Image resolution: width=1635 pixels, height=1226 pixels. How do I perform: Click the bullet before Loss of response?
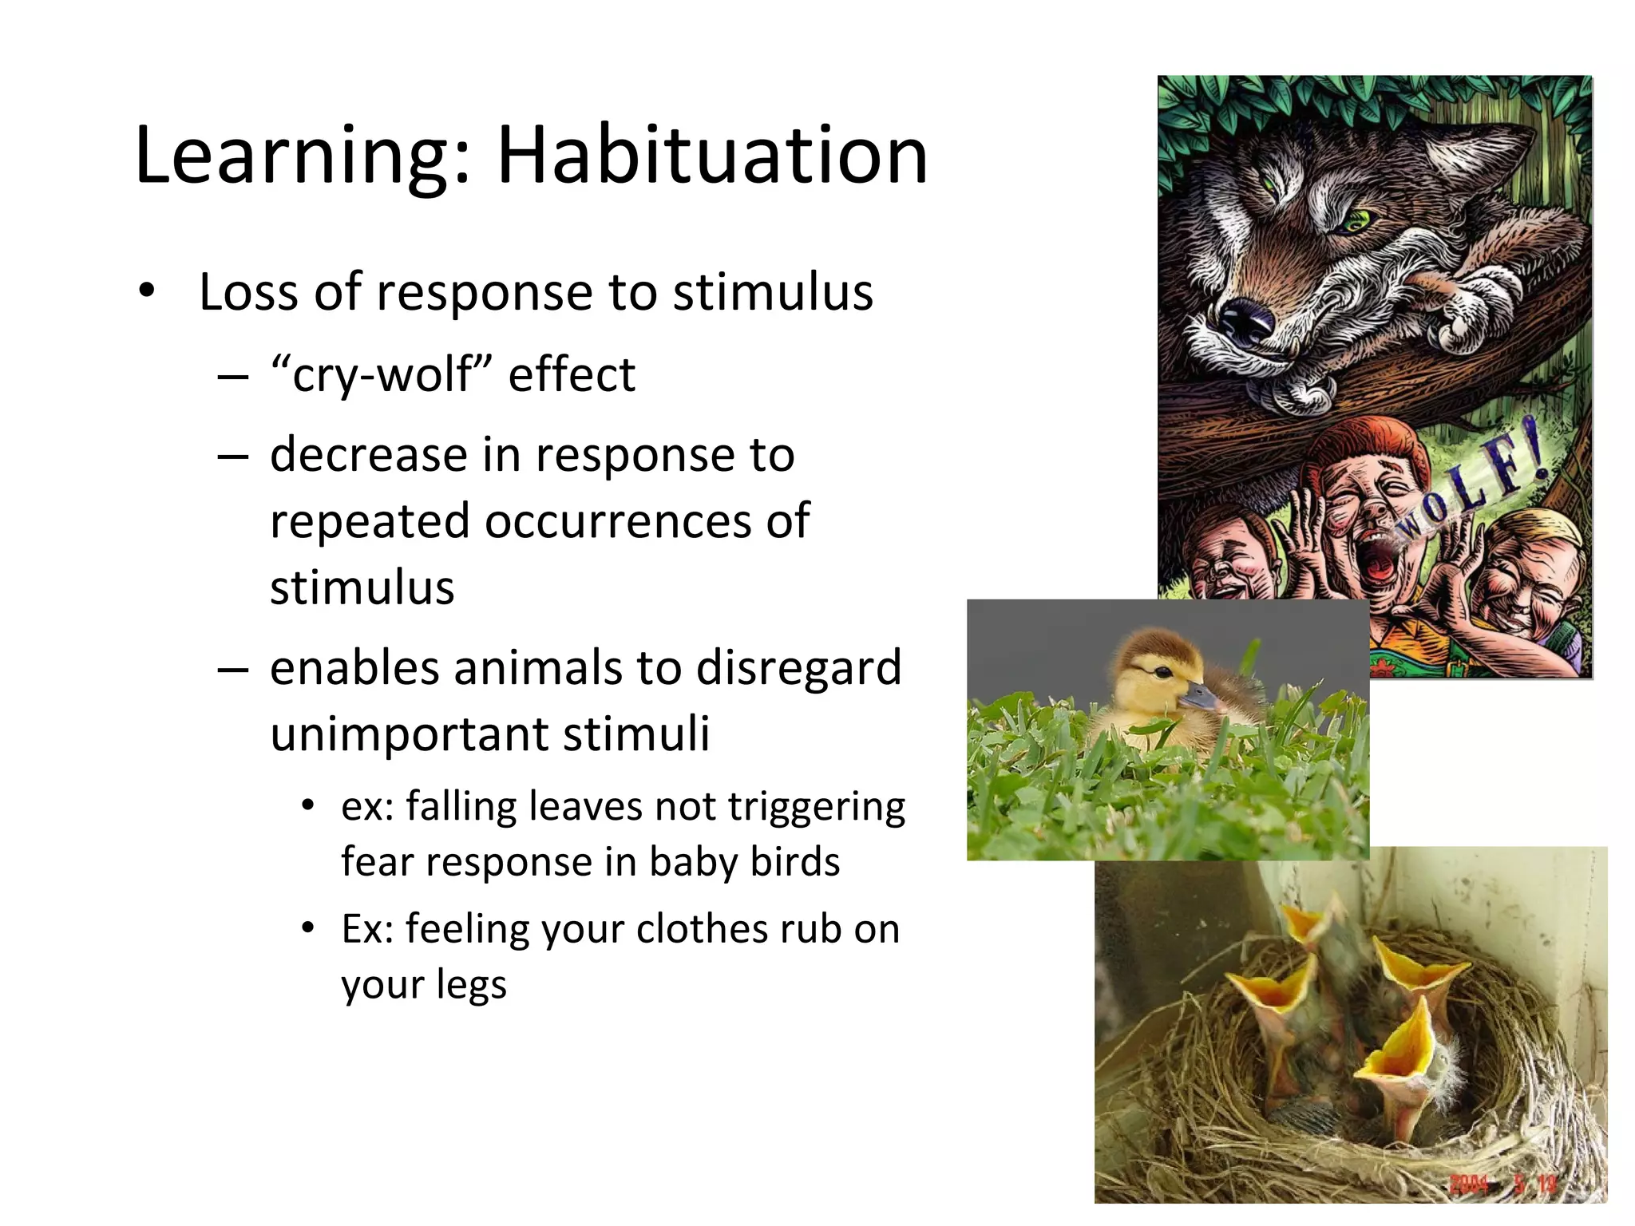145,291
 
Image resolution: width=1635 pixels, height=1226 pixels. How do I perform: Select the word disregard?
798,668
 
